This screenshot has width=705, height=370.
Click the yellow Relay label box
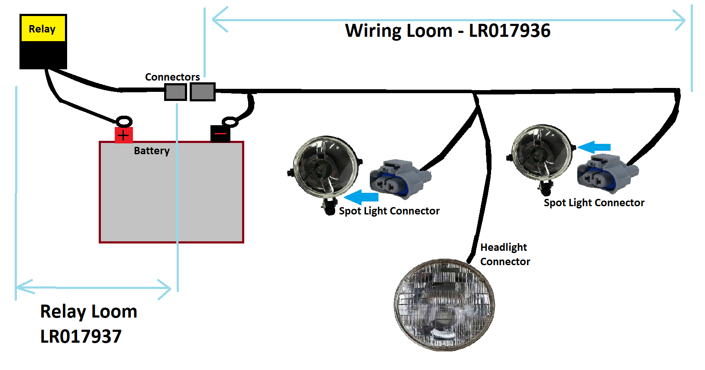[43, 29]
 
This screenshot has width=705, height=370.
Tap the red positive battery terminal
[123, 135]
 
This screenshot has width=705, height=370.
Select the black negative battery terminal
[220, 134]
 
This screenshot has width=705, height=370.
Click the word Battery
[152, 151]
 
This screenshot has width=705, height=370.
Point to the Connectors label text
[172, 77]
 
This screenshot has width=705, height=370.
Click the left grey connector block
[175, 92]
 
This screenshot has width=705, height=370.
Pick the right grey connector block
[202, 92]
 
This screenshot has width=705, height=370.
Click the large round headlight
[444, 305]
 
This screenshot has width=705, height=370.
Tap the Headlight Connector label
[505, 254]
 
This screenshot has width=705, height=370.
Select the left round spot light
[325, 168]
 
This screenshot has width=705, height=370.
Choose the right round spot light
[541, 153]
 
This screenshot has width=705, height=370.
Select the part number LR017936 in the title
[510, 31]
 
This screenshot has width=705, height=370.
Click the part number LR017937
[81, 337]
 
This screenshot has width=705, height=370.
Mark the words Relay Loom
[89, 312]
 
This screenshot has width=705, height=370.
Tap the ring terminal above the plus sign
[124, 122]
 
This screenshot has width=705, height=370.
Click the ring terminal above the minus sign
[230, 122]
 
